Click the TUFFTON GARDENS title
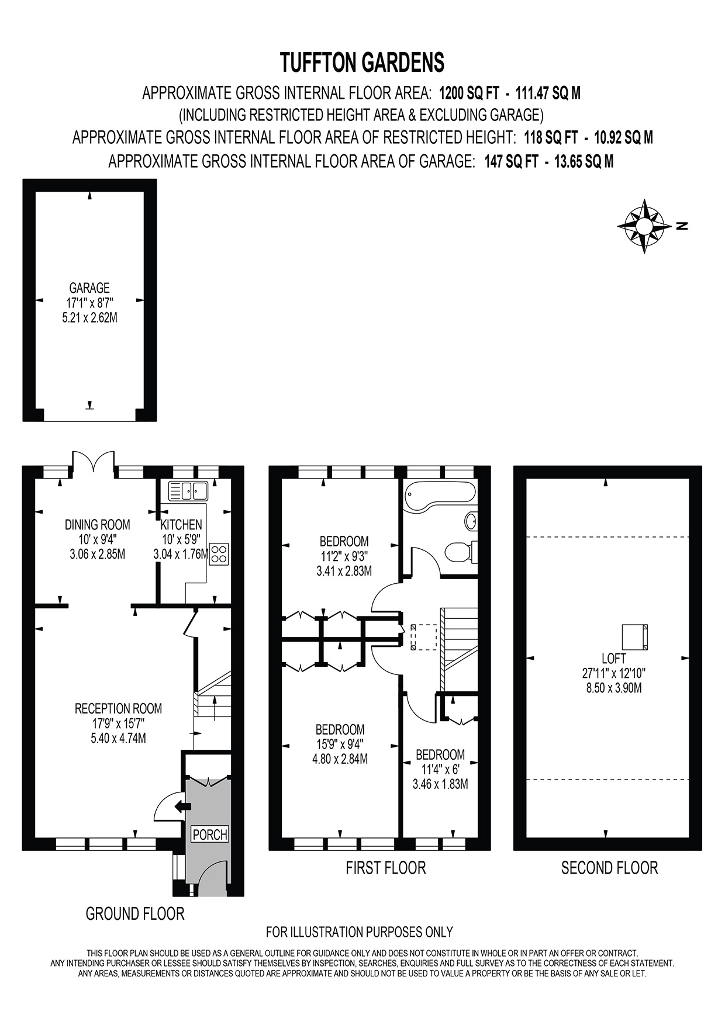[362, 63]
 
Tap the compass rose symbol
[644, 226]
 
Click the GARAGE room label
[89, 288]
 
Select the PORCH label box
[210, 834]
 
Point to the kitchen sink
[188, 490]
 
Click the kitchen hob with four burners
[220, 553]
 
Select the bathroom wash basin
[471, 520]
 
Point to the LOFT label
[614, 659]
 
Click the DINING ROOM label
[97, 525]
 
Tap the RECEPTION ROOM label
[118, 709]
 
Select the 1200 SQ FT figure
[469, 93]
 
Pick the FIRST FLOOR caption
[386, 868]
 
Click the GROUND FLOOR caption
[135, 913]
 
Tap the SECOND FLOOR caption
[610, 868]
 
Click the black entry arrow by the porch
[183, 806]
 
